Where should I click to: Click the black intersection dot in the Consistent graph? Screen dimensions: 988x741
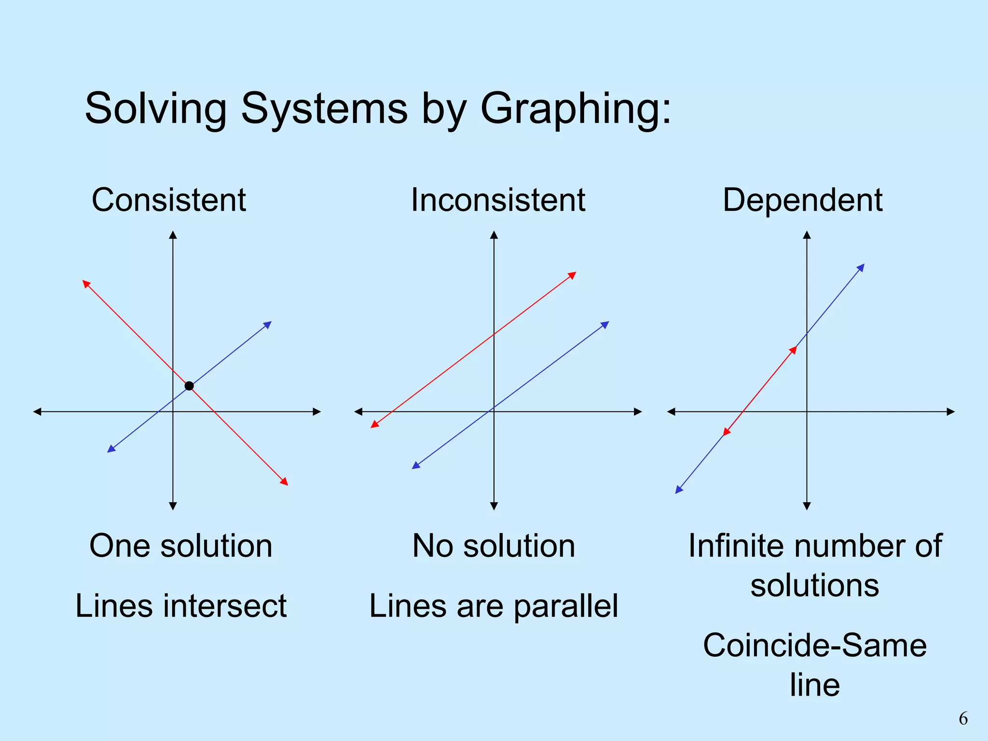pyautogui.click(x=189, y=386)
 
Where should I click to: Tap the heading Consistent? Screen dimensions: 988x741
pyautogui.click(x=169, y=200)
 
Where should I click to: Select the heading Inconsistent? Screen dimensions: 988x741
pyautogui.click(x=498, y=200)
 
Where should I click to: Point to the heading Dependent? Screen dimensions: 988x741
pyautogui.click(x=802, y=200)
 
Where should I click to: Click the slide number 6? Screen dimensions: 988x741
pyautogui.click(x=963, y=719)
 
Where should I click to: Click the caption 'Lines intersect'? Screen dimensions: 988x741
pyautogui.click(x=181, y=605)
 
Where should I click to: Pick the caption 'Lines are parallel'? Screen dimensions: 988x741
pyautogui.click(x=494, y=605)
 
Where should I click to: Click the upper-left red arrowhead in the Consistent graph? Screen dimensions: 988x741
pyautogui.click(x=86, y=283)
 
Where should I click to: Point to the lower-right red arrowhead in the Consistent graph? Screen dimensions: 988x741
pyautogui.click(x=285, y=481)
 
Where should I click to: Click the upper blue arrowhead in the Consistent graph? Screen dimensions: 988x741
pyautogui.click(x=268, y=324)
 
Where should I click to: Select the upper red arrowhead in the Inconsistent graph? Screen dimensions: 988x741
pyautogui.click(x=573, y=275)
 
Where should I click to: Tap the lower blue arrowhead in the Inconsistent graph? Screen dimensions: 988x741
pyautogui.click(x=416, y=466)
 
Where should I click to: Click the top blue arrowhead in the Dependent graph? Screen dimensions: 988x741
pyautogui.click(x=861, y=267)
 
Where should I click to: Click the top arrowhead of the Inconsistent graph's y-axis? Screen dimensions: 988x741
pyautogui.click(x=494, y=235)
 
